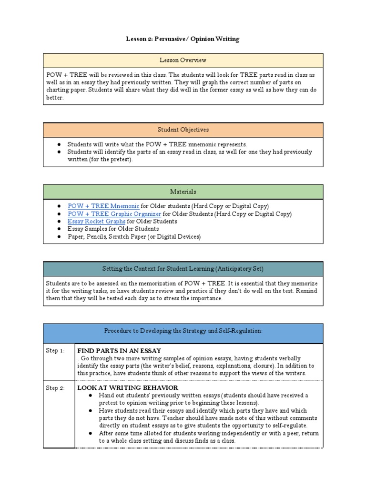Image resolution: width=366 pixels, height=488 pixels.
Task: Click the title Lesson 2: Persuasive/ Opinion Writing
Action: [x=183, y=39]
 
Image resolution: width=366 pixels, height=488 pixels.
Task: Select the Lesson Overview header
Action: [x=183, y=60]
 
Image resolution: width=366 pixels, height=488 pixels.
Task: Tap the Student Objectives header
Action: [x=183, y=130]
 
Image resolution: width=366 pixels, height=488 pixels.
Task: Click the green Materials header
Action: [x=183, y=192]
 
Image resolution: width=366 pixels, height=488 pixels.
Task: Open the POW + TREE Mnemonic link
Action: [x=103, y=206]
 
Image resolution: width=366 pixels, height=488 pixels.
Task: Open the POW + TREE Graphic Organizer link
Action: [x=114, y=214]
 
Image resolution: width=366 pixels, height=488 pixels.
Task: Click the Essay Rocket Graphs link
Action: [x=97, y=221]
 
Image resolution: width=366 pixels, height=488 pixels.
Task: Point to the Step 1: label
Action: [x=55, y=351]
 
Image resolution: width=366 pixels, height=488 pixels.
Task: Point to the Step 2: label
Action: [x=55, y=388]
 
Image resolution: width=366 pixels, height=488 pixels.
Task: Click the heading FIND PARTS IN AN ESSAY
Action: [x=119, y=351]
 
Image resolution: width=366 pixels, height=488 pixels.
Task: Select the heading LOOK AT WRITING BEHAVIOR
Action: [x=125, y=388]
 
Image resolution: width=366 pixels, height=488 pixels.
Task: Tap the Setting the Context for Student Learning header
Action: [x=183, y=268]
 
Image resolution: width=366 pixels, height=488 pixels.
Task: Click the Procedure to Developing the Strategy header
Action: [x=183, y=331]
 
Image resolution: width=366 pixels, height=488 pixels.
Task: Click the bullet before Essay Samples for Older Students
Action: [x=59, y=229]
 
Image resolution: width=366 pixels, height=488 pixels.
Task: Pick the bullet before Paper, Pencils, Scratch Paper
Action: [x=59, y=236]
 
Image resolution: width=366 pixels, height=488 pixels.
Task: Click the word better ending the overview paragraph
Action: [x=54, y=98]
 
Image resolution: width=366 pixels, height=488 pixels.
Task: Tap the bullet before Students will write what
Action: [x=59, y=144]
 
